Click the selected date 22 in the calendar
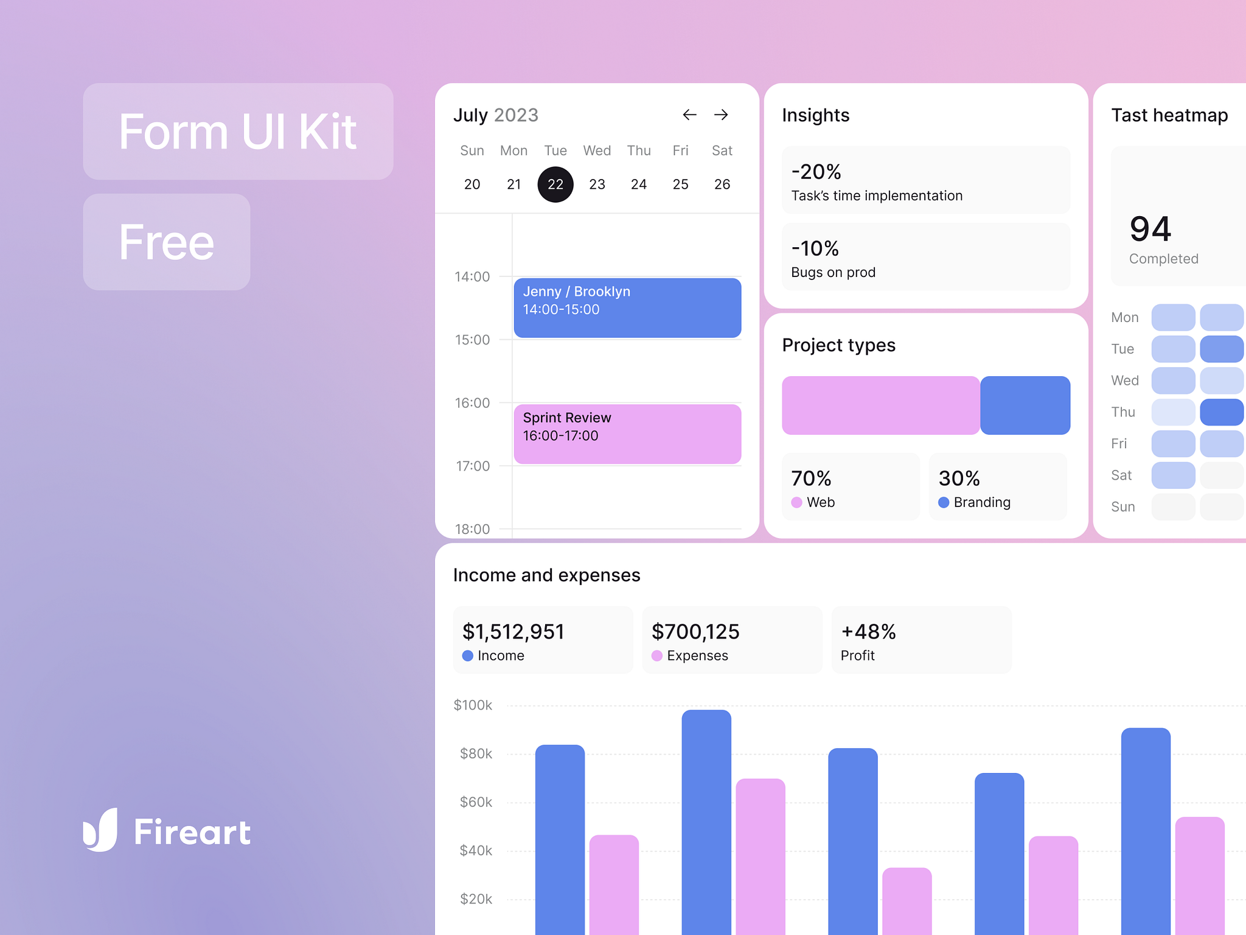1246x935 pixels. tap(555, 184)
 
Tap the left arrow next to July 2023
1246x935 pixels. tap(689, 115)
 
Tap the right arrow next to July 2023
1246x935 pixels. tap(721, 115)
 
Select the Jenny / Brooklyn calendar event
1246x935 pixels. tap(627, 307)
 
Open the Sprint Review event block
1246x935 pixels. tap(627, 434)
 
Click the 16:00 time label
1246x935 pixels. tap(472, 403)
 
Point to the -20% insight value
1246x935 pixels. tap(816, 172)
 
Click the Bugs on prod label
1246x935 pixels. tap(833, 273)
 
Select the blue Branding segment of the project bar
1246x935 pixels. tap(1025, 405)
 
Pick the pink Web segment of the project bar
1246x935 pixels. tap(880, 405)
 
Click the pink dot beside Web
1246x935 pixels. tap(796, 503)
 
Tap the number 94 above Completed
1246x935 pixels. tap(1150, 229)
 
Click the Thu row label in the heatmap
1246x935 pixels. tap(1123, 412)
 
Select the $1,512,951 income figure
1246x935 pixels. tap(513, 632)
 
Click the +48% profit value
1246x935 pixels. tap(868, 632)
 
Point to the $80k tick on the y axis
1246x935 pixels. tap(476, 754)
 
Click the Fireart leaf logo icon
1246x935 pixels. tap(100, 830)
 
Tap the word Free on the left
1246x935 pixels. tap(167, 242)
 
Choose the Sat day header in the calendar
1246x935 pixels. tap(722, 151)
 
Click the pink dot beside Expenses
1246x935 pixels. tap(657, 656)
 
